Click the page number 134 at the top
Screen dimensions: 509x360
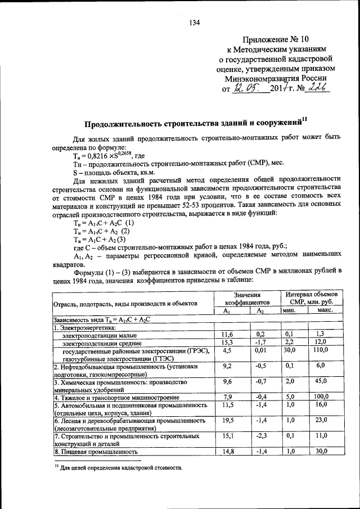[x=195, y=22]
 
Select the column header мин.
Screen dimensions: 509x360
[x=289, y=310]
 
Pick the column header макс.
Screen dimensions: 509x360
[x=325, y=310]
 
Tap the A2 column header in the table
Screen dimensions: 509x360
[x=260, y=310]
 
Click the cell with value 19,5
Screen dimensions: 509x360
[x=228, y=420]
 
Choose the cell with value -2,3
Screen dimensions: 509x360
[x=260, y=435]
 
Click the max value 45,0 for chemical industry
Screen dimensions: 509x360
[x=321, y=381]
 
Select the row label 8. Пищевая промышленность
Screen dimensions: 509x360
[x=96, y=451]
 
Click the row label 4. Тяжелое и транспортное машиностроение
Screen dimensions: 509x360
[x=117, y=397]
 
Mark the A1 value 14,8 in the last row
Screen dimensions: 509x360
[x=228, y=451]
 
